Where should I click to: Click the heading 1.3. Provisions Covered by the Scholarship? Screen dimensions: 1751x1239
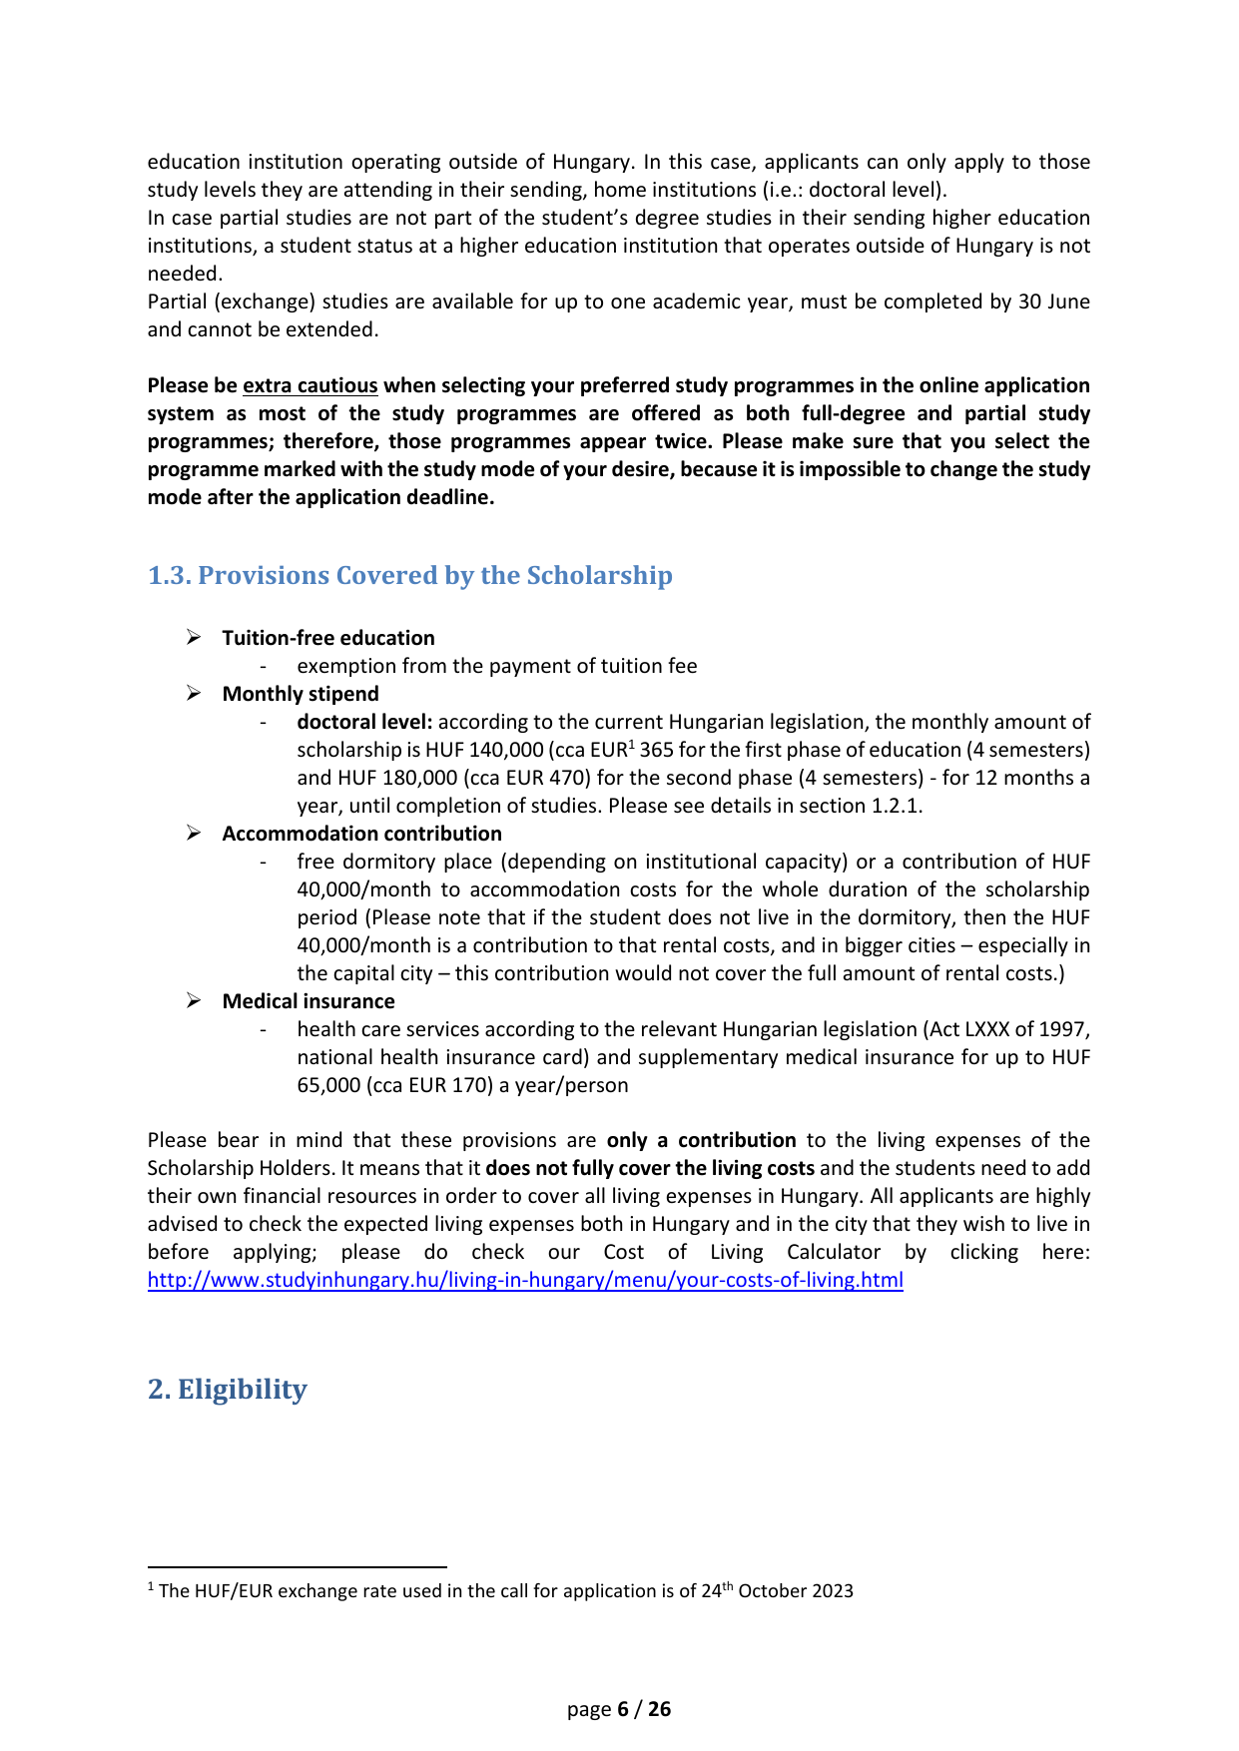pos(409,576)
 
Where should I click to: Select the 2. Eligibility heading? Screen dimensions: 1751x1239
pos(228,1390)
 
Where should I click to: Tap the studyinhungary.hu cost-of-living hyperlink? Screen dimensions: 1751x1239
pos(525,1280)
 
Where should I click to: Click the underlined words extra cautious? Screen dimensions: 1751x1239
pos(310,385)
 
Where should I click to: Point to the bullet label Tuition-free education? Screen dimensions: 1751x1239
pos(328,638)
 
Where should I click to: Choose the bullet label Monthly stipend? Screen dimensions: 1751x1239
pos(301,694)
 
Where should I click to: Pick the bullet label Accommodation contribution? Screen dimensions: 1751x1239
pos(361,834)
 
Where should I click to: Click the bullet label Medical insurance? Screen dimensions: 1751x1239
pos(309,1001)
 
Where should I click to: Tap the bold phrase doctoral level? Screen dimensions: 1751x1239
pos(364,722)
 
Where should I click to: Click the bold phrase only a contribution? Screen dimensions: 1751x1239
pos(701,1140)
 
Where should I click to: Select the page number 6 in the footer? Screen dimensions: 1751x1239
pos(623,1709)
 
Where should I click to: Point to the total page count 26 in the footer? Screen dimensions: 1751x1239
pos(660,1709)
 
